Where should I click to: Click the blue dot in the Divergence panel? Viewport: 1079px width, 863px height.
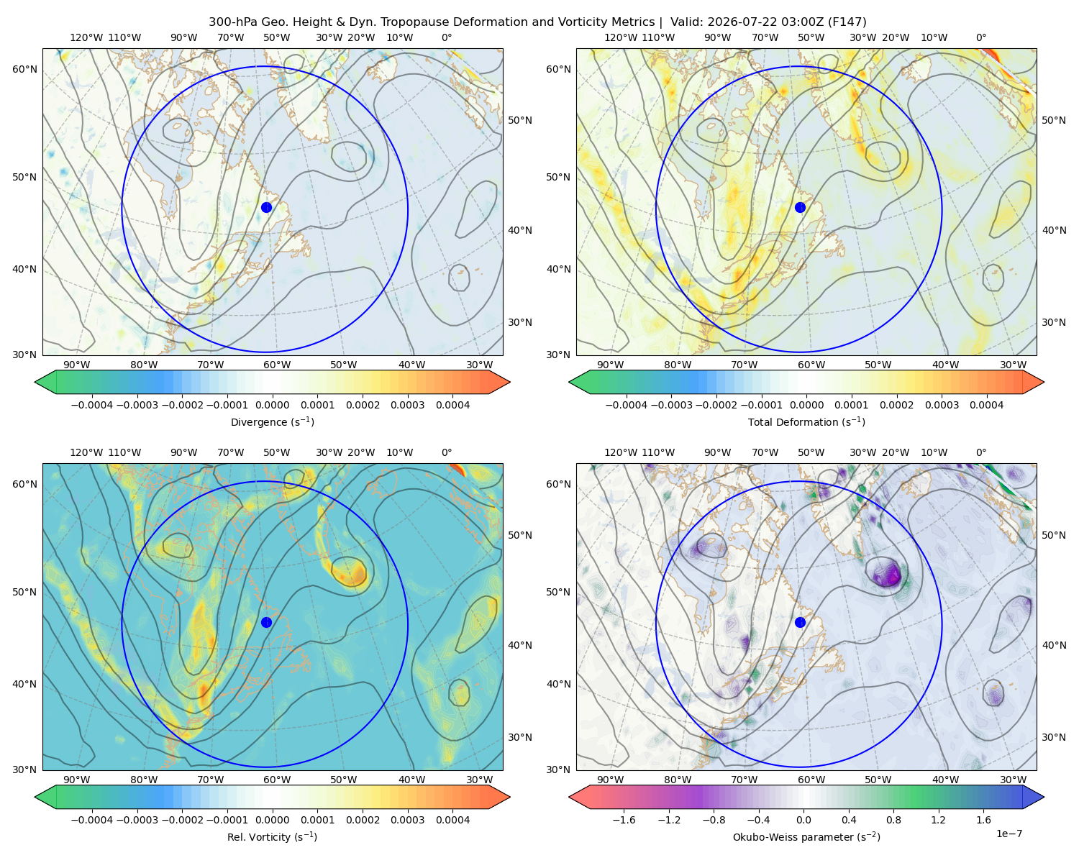click(266, 207)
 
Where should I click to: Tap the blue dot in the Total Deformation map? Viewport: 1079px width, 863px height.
click(800, 207)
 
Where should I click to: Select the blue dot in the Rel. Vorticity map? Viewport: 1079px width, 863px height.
click(266, 622)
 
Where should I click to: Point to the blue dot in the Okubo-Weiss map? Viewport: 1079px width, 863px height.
click(800, 622)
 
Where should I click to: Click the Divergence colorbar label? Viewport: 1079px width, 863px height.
click(272, 421)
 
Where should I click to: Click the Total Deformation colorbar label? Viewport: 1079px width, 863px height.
click(806, 421)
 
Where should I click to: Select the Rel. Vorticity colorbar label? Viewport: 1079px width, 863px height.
click(272, 836)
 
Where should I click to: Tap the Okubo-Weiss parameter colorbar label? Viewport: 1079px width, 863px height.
click(806, 836)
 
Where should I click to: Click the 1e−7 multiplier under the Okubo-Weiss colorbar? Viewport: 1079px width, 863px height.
click(1009, 834)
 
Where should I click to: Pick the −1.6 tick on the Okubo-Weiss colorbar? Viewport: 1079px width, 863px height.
click(624, 819)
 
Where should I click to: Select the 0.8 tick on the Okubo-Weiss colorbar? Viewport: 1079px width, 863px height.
click(893, 819)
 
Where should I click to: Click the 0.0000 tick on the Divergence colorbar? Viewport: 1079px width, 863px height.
click(272, 405)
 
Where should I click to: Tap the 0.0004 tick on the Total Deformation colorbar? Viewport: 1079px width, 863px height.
click(986, 405)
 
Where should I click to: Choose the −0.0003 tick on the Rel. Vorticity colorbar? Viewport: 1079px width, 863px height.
click(137, 819)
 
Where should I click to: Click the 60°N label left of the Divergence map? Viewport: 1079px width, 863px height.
click(24, 69)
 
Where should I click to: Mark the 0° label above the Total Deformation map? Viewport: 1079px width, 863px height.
click(980, 37)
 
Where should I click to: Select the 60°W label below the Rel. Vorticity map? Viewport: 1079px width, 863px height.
click(277, 780)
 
